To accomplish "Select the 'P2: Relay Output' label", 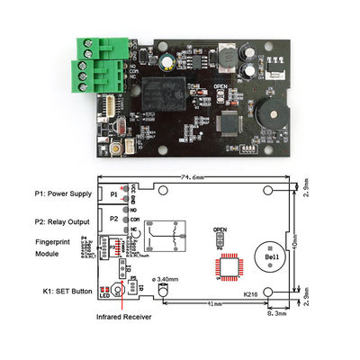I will click(x=63, y=217).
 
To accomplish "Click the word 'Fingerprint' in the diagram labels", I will click(x=54, y=242).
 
